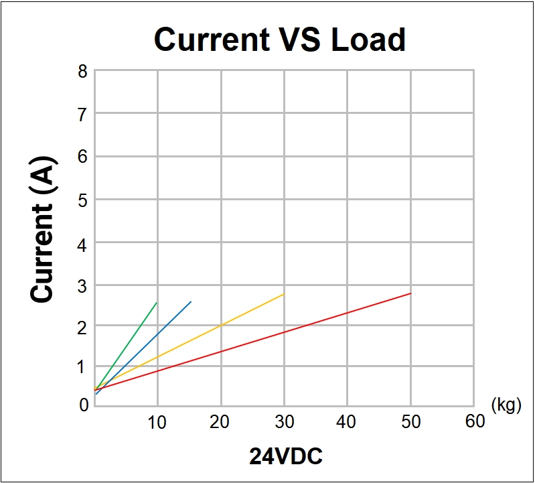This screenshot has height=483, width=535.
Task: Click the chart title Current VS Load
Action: [280, 40]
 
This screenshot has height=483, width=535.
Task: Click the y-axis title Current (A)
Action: [43, 230]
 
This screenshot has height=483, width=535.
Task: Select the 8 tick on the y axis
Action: [82, 71]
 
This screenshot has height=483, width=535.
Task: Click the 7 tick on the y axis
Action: [82, 114]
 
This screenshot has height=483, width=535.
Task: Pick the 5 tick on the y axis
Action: [82, 200]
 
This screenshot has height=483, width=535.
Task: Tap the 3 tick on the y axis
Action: [82, 285]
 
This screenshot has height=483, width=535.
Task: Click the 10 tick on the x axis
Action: [157, 421]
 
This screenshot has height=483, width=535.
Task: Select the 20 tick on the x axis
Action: [220, 421]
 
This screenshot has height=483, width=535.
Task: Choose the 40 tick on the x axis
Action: [346, 421]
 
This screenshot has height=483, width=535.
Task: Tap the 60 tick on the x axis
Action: [474, 421]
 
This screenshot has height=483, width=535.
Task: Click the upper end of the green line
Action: [157, 302]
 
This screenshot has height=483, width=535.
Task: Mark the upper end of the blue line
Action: [192, 301]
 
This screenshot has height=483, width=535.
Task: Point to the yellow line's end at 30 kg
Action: [284, 294]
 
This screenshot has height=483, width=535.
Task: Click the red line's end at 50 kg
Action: [410, 293]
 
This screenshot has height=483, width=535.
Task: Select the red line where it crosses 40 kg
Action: [347, 312]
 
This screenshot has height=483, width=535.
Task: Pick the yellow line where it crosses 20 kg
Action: [221, 325]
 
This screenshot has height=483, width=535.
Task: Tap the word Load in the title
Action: [368, 40]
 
